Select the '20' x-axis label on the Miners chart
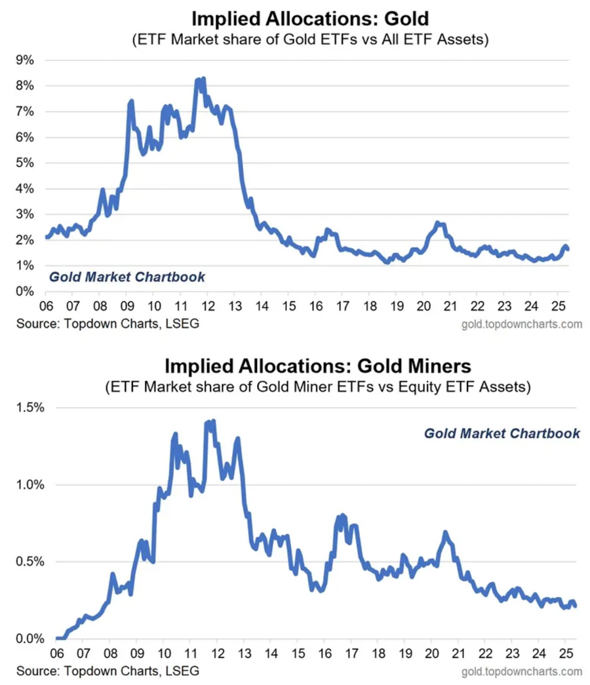click(x=432, y=655)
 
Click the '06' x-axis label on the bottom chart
click(x=56, y=655)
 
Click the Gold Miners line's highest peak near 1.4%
click(x=213, y=421)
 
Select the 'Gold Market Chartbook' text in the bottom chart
click(x=501, y=433)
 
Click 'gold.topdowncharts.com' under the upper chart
click(x=522, y=324)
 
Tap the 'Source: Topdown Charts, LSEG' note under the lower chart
click(x=107, y=671)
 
